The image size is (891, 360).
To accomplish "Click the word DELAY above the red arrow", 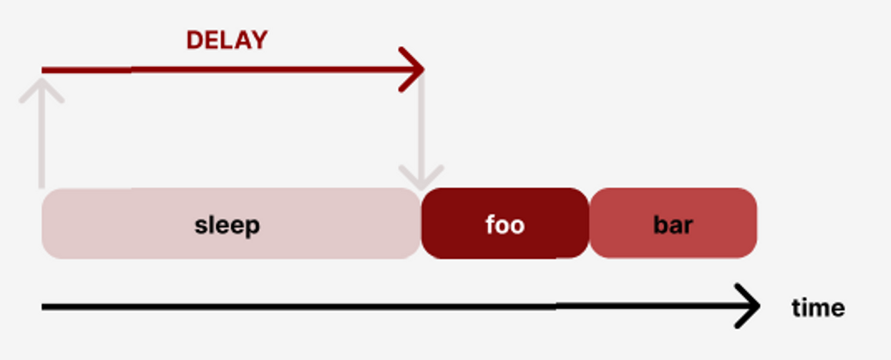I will pos(226,40).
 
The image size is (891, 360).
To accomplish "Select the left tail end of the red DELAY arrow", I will pos(45,70).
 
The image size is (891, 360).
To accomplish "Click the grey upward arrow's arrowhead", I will pos(42,87).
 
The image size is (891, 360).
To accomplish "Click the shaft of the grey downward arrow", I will pos(421,125).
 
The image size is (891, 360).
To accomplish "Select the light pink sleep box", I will pos(104,224).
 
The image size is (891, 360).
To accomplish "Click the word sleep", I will pos(227,225).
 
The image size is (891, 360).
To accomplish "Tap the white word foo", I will pos(505,225).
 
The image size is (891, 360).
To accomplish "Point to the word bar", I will pos(673,225).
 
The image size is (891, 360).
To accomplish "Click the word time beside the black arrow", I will pos(818,307).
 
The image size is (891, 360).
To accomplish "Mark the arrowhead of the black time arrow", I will pos(752,306).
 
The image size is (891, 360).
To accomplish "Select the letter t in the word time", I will pos(796,307).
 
